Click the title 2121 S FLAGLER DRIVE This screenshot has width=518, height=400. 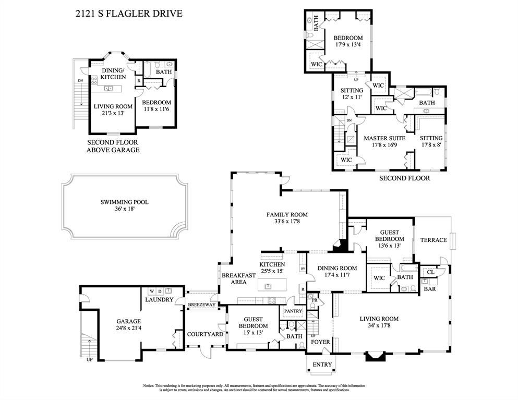(x=129, y=14)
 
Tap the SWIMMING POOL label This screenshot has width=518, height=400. (x=125, y=202)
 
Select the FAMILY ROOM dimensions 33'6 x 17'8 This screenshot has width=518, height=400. (x=287, y=221)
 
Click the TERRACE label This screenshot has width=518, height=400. (x=433, y=240)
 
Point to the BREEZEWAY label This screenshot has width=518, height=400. (x=201, y=305)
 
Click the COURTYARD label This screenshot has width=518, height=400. (x=205, y=334)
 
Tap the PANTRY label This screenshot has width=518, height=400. (x=293, y=311)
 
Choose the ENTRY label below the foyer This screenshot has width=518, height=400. (x=322, y=365)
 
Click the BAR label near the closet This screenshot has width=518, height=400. (x=430, y=289)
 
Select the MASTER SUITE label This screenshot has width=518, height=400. (x=384, y=138)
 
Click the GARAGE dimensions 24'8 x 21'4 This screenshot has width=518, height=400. (x=128, y=328)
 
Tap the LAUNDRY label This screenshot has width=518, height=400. (x=159, y=299)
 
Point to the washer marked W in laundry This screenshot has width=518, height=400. (x=152, y=291)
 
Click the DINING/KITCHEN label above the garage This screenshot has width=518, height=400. (x=113, y=74)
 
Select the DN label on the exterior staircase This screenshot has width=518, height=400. (x=81, y=81)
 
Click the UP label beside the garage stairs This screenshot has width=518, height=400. (x=90, y=359)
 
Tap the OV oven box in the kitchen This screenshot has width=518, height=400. (x=303, y=269)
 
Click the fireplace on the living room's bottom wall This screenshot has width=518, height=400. (x=375, y=357)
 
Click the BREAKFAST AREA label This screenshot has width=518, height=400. (x=238, y=278)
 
